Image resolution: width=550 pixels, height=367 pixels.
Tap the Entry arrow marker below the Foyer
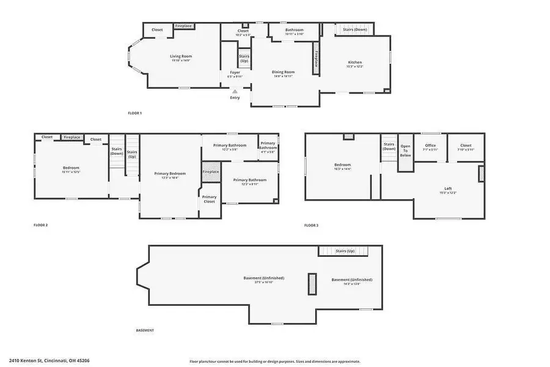(235, 91)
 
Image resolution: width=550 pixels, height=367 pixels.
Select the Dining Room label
(283, 72)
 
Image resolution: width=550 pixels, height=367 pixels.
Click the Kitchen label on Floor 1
(355, 62)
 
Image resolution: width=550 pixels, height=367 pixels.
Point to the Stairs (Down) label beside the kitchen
(354, 29)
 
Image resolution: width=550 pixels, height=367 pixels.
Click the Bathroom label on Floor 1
(294, 30)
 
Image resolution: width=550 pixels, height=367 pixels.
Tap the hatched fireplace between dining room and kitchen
(316, 59)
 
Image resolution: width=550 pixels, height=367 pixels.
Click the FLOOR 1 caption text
(134, 113)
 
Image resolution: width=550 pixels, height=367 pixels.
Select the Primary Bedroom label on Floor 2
(170, 174)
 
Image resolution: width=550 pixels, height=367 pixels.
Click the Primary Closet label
(209, 199)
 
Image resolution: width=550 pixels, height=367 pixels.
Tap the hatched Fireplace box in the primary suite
(211, 171)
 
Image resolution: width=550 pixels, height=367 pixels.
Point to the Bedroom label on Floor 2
(71, 168)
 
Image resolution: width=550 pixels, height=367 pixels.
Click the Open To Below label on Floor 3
(405, 150)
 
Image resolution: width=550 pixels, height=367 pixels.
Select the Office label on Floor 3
(430, 146)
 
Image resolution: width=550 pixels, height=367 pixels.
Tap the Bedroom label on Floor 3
(342, 165)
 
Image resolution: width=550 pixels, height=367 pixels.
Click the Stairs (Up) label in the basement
(345, 251)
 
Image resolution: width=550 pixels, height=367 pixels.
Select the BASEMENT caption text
(145, 330)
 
